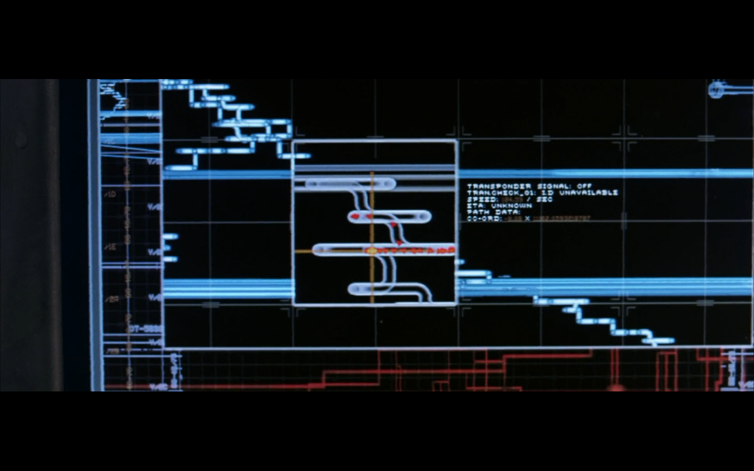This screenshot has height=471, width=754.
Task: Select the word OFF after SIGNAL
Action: tap(584, 186)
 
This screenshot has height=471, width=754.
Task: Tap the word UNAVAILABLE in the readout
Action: tap(588, 193)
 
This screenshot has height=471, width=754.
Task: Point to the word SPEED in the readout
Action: tap(482, 199)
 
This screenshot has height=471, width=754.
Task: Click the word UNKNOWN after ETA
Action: tap(511, 206)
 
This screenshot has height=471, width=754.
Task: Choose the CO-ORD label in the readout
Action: tap(483, 219)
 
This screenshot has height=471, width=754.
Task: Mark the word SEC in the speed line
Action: tap(544, 199)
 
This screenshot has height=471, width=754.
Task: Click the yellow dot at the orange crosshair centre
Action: tap(372, 251)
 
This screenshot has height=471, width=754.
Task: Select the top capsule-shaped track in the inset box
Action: tap(350, 184)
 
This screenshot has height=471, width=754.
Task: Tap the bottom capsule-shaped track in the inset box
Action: tap(387, 288)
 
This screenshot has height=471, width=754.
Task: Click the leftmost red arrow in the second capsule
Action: tap(356, 216)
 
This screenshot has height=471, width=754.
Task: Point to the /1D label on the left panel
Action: tap(110, 194)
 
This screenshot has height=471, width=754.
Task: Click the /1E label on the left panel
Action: tap(110, 246)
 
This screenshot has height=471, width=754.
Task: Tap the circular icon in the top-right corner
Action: tap(716, 89)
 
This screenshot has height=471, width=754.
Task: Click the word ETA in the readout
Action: tap(475, 206)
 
